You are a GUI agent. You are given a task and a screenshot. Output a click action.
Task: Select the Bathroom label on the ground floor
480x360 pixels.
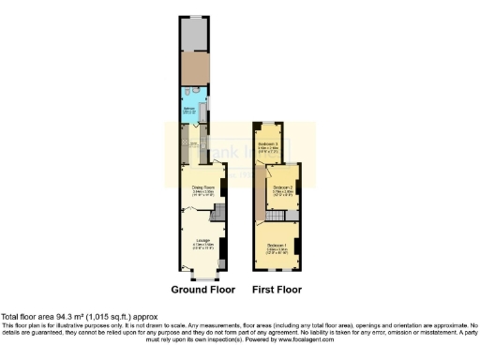(189, 111)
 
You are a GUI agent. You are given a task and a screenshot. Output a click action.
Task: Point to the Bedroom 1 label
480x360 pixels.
(277, 246)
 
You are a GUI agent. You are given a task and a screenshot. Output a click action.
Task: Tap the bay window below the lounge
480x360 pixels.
(202, 276)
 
